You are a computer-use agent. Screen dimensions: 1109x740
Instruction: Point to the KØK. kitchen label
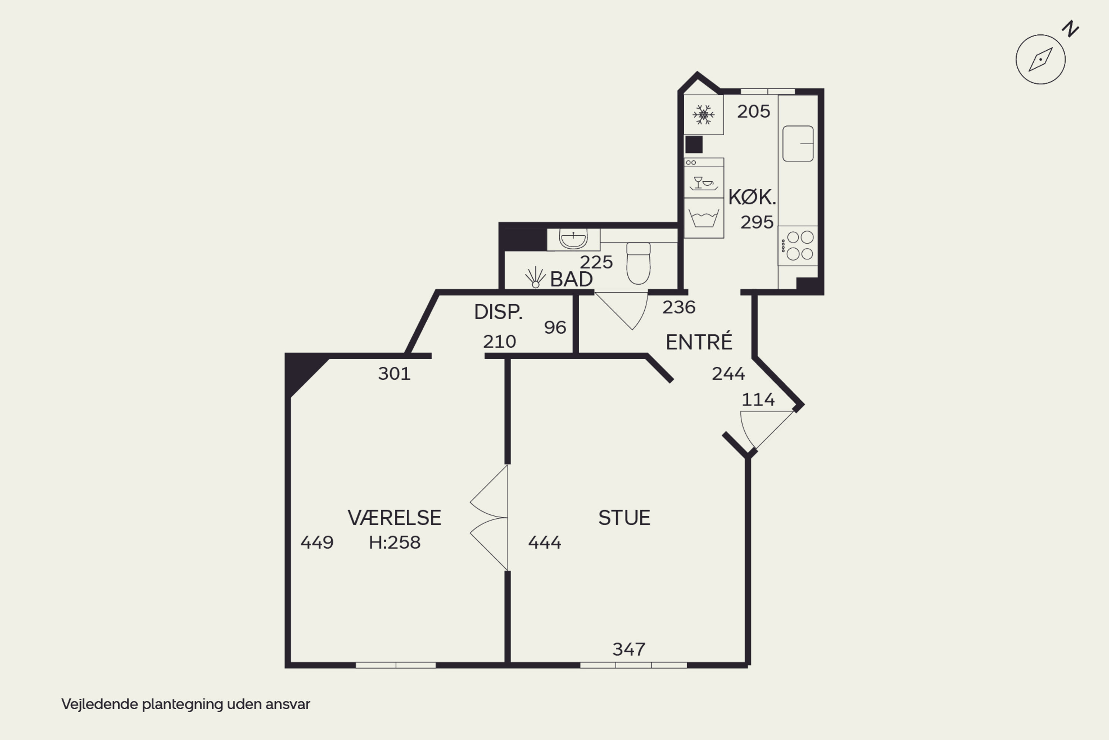pyautogui.click(x=752, y=197)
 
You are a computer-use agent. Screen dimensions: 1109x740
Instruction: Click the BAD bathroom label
pyautogui.click(x=572, y=279)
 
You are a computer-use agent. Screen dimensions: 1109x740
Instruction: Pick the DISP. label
pyautogui.click(x=498, y=312)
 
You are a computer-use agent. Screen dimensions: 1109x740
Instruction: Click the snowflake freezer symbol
pyautogui.click(x=703, y=115)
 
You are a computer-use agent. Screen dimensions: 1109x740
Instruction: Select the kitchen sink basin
pyautogui.click(x=798, y=144)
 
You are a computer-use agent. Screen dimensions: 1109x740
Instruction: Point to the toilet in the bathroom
pyautogui.click(x=638, y=263)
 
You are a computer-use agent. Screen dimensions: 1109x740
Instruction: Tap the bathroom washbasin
pyautogui.click(x=573, y=239)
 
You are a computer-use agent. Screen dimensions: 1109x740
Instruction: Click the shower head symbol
pyautogui.click(x=535, y=277)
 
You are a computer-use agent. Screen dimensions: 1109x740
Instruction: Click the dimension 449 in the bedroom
pyautogui.click(x=317, y=543)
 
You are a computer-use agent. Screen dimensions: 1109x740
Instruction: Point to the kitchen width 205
pyautogui.click(x=753, y=111)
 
